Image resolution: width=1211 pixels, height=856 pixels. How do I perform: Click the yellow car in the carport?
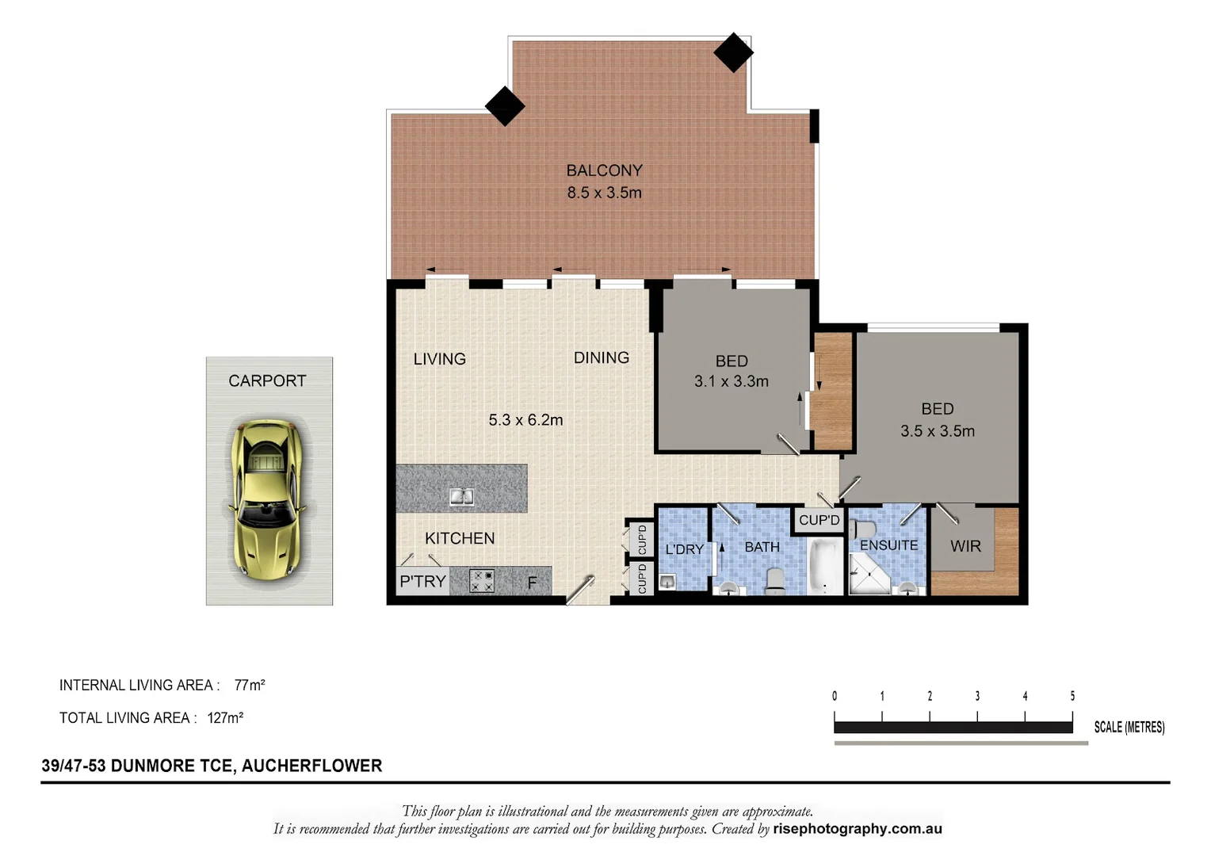(x=267, y=497)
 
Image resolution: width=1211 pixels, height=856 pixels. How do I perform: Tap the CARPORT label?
(x=267, y=381)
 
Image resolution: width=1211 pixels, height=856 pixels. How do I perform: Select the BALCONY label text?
(x=604, y=170)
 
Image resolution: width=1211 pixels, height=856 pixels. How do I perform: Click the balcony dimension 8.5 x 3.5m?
(x=604, y=193)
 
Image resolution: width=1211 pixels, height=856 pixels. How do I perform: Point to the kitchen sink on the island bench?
(x=461, y=497)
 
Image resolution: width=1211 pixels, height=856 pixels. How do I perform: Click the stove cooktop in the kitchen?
(x=482, y=581)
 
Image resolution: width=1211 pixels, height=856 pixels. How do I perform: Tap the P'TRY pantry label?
(x=422, y=582)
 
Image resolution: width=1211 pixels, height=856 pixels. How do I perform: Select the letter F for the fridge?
(x=532, y=583)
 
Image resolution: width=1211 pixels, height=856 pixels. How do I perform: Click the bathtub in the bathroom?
(x=825, y=566)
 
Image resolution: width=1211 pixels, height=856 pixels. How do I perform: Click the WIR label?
(x=965, y=546)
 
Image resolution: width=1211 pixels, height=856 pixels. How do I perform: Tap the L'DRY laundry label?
(x=684, y=549)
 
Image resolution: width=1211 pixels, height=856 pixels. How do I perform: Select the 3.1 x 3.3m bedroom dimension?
(x=731, y=381)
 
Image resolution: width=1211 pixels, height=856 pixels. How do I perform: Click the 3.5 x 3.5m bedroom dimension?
(x=937, y=431)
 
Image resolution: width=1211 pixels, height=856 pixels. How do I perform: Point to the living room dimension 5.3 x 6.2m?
(x=525, y=420)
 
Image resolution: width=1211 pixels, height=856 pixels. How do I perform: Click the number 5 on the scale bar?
(x=1072, y=696)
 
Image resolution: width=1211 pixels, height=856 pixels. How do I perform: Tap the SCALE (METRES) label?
(x=1129, y=727)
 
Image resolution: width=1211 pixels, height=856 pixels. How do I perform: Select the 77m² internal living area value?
(x=250, y=685)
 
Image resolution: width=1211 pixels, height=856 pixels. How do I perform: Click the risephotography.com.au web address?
(x=858, y=829)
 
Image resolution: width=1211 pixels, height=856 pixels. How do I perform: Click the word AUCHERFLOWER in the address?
(x=311, y=766)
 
